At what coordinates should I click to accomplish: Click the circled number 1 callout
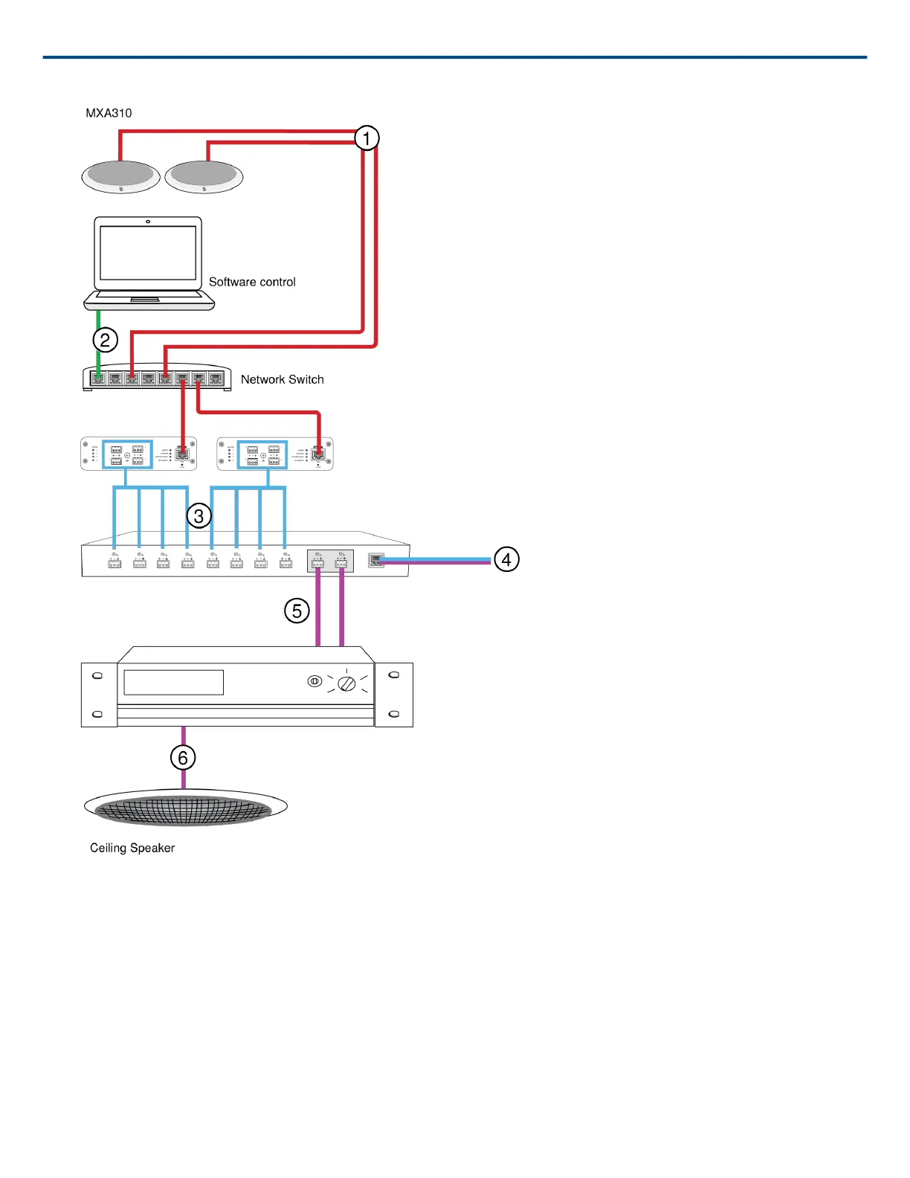pos(366,138)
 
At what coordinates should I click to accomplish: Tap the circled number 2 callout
pos(106,340)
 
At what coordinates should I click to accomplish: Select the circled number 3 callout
pos(199,515)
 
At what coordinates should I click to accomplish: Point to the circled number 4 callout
pos(506,559)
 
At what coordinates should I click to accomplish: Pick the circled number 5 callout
pos(297,611)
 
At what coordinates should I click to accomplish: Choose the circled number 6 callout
pos(183,758)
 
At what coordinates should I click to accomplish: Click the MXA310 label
pos(109,113)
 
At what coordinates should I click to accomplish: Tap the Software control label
pos(252,282)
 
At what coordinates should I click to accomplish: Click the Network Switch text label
pos(282,379)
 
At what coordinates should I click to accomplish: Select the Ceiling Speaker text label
pos(132,848)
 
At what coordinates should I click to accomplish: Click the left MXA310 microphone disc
pos(120,176)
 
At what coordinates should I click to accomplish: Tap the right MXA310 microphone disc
pos(204,176)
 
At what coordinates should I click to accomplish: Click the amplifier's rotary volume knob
pos(346,683)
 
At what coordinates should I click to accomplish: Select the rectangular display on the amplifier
pos(173,683)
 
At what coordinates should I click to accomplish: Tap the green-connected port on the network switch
pos(98,379)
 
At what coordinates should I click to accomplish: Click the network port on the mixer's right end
pos(376,561)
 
